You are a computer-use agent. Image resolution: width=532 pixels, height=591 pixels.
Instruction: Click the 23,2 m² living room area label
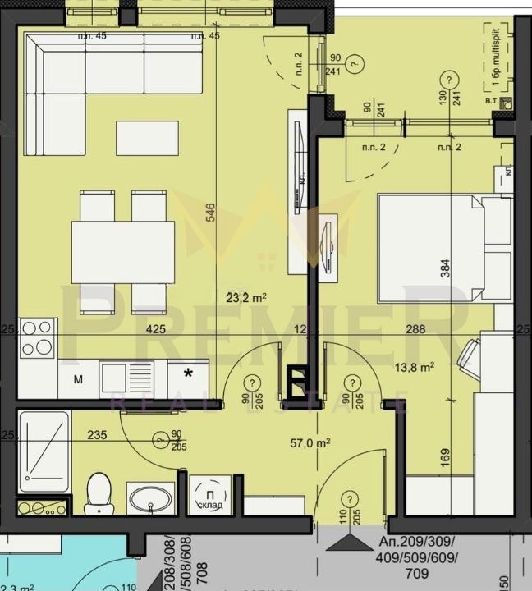pyautogui.click(x=246, y=298)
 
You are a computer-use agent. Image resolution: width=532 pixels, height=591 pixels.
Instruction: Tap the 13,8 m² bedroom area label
pyautogui.click(x=415, y=369)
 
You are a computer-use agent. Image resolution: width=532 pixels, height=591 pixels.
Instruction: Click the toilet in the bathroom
pyautogui.click(x=99, y=492)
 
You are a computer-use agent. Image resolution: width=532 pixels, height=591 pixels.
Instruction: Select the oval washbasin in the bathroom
pyautogui.click(x=150, y=498)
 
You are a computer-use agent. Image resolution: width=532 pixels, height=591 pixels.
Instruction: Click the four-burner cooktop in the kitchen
pyautogui.click(x=37, y=337)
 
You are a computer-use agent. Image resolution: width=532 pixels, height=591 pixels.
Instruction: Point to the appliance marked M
pyautogui.click(x=79, y=379)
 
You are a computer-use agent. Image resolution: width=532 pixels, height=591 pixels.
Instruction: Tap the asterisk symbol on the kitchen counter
pyautogui.click(x=189, y=374)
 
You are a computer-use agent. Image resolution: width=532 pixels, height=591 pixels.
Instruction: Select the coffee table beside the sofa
pyautogui.click(x=147, y=138)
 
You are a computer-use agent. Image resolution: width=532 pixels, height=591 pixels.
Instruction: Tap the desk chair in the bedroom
pyautogui.click(x=470, y=358)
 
